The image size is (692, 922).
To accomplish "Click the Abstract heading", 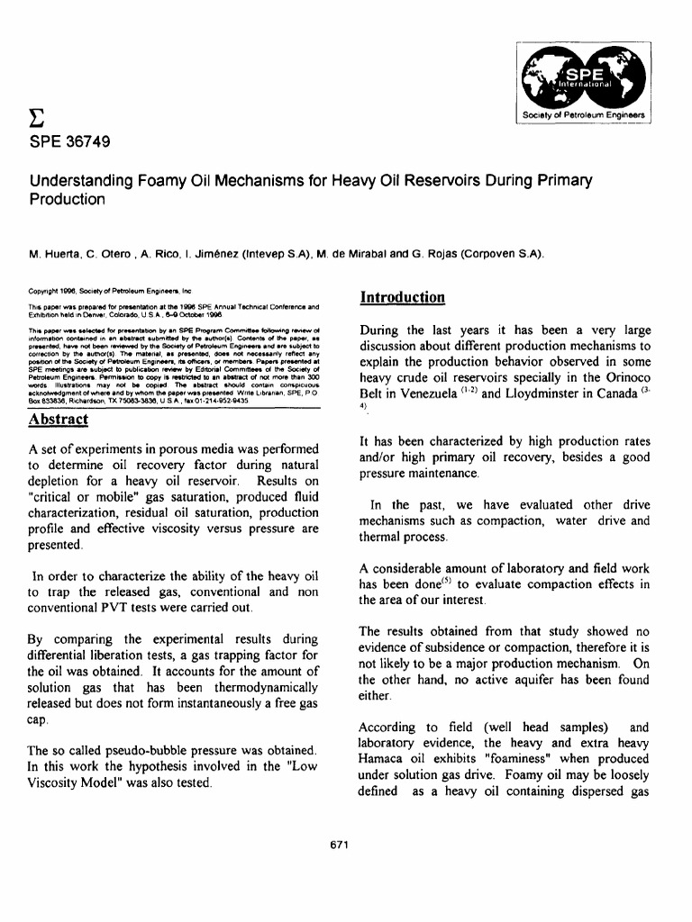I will pyautogui.click(x=58, y=420).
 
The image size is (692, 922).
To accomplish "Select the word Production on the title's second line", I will pyautogui.click(x=68, y=199).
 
